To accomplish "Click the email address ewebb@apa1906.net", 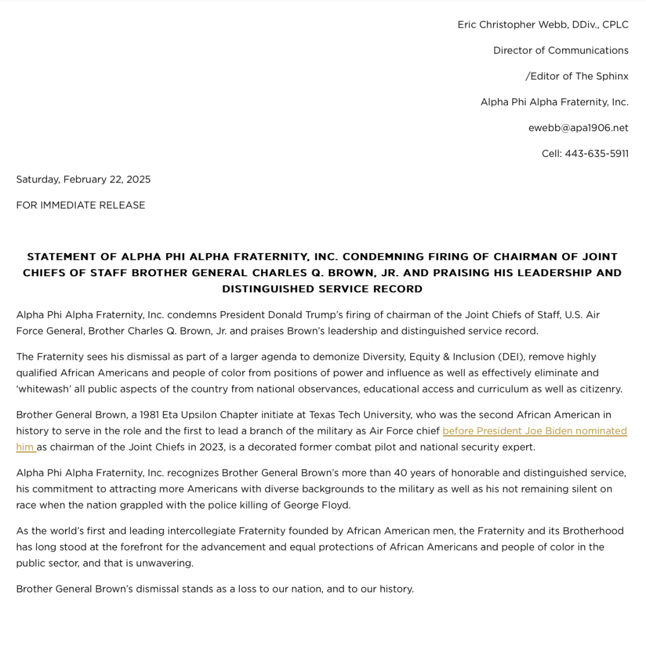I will [x=578, y=127].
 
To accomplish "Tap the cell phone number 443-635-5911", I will [x=596, y=153].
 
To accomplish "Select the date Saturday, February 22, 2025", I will [x=83, y=179].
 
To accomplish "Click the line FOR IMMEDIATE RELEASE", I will [x=81, y=205].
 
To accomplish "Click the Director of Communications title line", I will [x=561, y=50].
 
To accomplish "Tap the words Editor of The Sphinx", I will [x=579, y=76].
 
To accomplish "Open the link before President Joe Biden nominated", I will [x=534, y=431].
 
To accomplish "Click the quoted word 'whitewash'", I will [x=44, y=389].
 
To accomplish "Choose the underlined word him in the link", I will [x=25, y=447].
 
